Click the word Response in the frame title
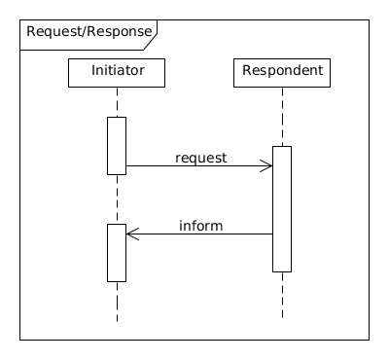tap(120, 32)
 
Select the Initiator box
tap(117, 72)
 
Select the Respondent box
tap(282, 72)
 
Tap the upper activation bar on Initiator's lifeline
tap(117, 146)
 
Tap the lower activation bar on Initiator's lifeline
tap(117, 252)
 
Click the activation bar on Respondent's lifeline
tap(282, 208)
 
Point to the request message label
tap(200, 157)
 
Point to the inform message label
tap(200, 226)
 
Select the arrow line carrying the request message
tap(194, 166)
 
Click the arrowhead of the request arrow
tap(266, 166)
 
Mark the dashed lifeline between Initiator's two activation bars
tap(117, 199)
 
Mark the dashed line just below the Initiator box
tap(117, 102)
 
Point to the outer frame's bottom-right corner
tap(370, 340)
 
